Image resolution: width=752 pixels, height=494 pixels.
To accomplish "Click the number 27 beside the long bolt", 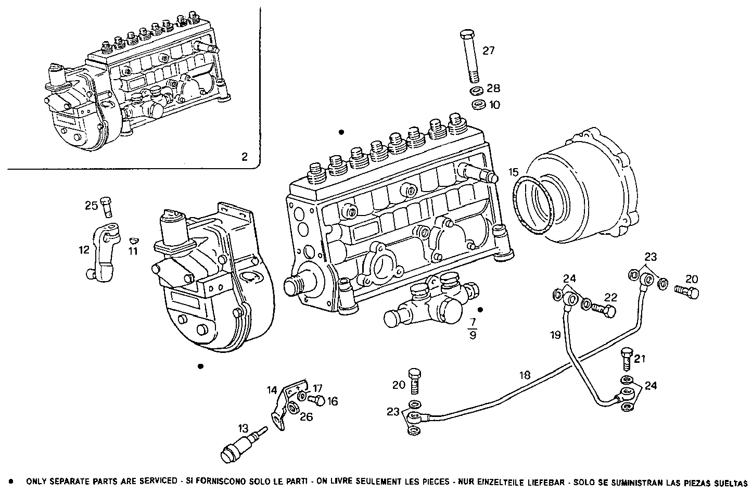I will pyautogui.click(x=488, y=50).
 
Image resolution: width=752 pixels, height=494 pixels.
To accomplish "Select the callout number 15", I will pyautogui.click(x=514, y=172).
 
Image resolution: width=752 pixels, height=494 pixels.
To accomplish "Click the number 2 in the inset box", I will pyautogui.click(x=245, y=156).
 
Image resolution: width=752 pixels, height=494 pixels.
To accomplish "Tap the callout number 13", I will pyautogui.click(x=244, y=428).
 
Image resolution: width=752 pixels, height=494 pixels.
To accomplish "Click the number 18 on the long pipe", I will pyautogui.click(x=525, y=375).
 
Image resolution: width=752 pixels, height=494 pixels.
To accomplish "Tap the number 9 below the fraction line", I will pyautogui.click(x=473, y=336).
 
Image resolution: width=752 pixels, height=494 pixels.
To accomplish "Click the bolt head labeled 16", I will pyautogui.click(x=316, y=400).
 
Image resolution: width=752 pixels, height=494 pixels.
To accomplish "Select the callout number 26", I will pyautogui.click(x=306, y=416).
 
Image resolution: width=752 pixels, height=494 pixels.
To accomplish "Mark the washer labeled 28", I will pyautogui.click(x=476, y=92).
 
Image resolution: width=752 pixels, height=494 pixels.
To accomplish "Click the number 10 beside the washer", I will pyautogui.click(x=494, y=105).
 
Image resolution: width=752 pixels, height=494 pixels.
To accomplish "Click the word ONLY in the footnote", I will pyautogui.click(x=36, y=482).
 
